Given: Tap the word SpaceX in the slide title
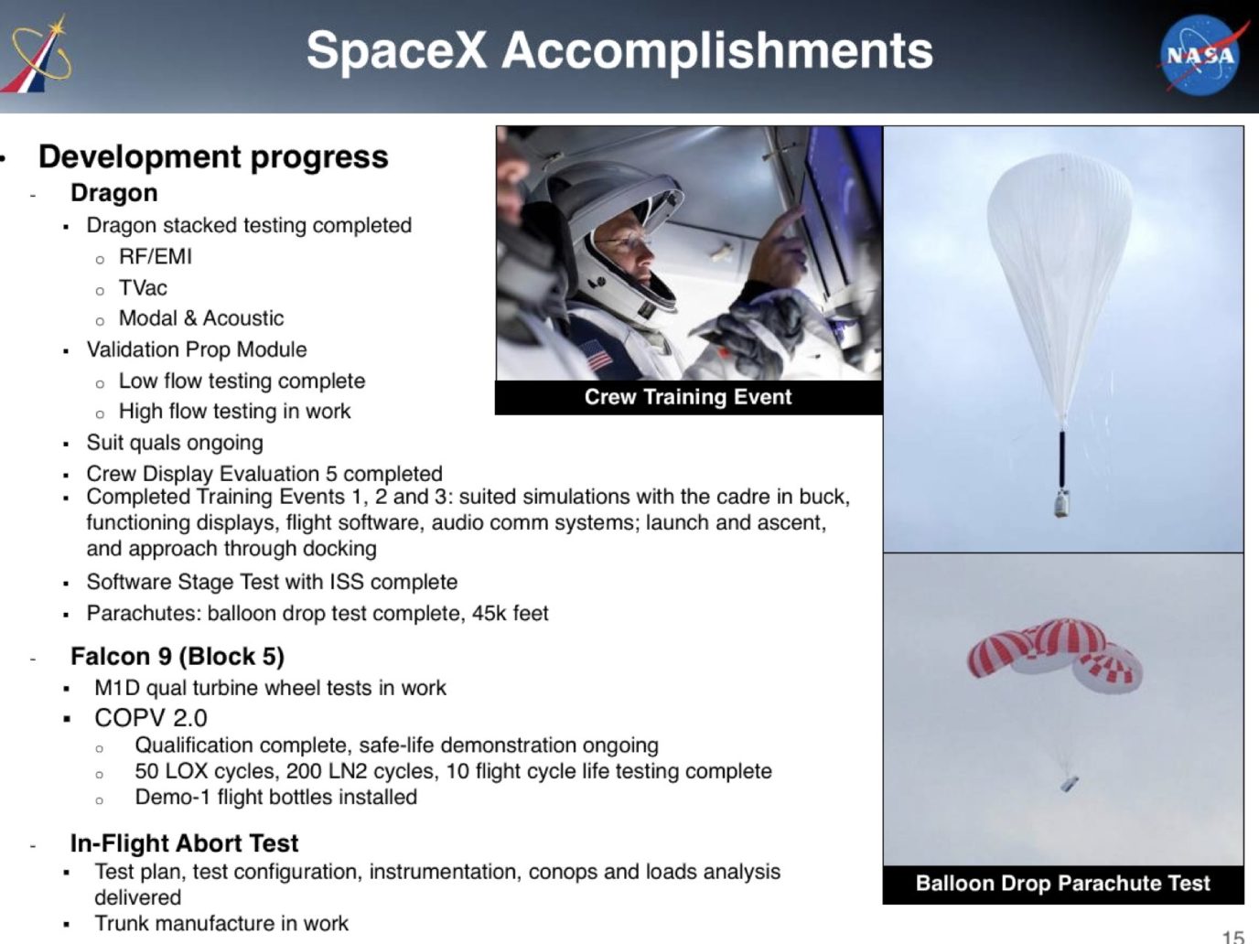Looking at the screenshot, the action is pyautogui.click(x=396, y=50).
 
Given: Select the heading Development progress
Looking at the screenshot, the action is pyautogui.click(x=213, y=157).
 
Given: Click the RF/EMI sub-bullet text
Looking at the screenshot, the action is pyautogui.click(x=156, y=257).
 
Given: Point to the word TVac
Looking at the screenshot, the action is pyautogui.click(x=143, y=288).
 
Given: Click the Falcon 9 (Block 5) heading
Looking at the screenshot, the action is pyautogui.click(x=178, y=656).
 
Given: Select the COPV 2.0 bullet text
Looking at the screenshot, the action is pyautogui.click(x=151, y=717).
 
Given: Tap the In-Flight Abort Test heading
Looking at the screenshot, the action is pyautogui.click(x=184, y=843).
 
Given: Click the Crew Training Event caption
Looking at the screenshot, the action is pyautogui.click(x=688, y=397).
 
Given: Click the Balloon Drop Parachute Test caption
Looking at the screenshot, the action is pyautogui.click(x=1063, y=884).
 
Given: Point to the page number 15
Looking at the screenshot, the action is pyautogui.click(x=1233, y=937).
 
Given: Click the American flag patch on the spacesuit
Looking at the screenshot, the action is pyautogui.click(x=595, y=354).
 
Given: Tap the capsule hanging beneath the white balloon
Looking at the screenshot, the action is pyautogui.click(x=1061, y=504).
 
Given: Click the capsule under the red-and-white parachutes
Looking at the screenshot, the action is pyautogui.click(x=1070, y=784).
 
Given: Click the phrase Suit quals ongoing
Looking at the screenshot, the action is pyautogui.click(x=175, y=443).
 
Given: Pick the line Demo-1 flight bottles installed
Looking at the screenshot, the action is pyautogui.click(x=276, y=798).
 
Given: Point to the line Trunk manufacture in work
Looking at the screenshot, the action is pyautogui.click(x=221, y=923).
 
